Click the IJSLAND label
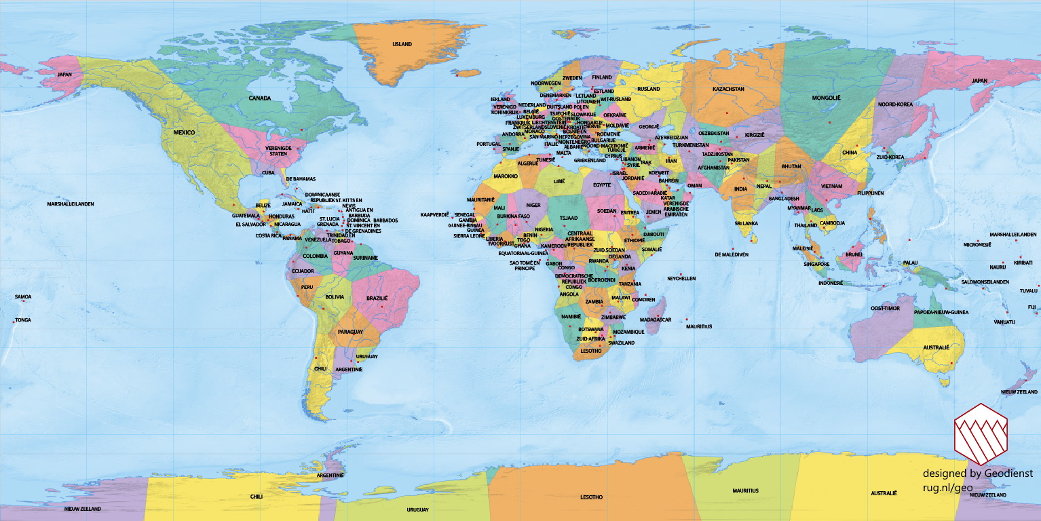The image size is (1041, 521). [402, 44]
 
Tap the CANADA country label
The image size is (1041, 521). [259, 98]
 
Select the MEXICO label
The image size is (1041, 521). [184, 133]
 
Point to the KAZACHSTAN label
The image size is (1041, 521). [728, 89]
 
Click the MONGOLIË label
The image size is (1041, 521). [826, 98]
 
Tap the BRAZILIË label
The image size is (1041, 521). [377, 298]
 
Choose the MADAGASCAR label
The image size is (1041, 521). [656, 320]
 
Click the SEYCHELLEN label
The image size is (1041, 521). [681, 279]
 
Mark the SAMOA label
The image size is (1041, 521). [23, 296]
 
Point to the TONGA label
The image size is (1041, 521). [23, 320]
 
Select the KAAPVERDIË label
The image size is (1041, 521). [436, 214]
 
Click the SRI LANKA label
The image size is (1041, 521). [746, 223]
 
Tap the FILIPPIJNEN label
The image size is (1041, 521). [870, 193]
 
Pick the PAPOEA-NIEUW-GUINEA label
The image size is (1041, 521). [941, 312]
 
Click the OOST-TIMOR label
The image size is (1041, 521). [885, 308]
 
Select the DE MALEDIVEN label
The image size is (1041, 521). [732, 254]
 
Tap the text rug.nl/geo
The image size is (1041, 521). [947, 487]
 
